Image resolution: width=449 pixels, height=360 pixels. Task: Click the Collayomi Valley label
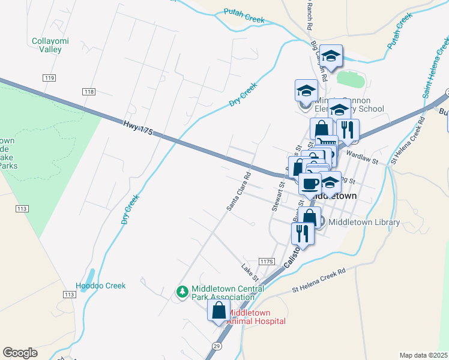pyautogui.click(x=47, y=46)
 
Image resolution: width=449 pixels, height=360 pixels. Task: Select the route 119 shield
pyautogui.click(x=50, y=78)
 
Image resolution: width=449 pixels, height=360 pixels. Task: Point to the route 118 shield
pyautogui.click(x=89, y=91)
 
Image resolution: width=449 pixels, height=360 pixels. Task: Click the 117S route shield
pyautogui.click(x=267, y=262)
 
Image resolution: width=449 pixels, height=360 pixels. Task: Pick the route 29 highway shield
pyautogui.click(x=217, y=346)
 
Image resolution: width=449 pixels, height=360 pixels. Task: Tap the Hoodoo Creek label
pyautogui.click(x=101, y=286)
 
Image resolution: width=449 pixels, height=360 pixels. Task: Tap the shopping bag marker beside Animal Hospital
pyautogui.click(x=218, y=310)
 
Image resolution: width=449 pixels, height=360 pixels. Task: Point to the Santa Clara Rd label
pyautogui.click(x=239, y=192)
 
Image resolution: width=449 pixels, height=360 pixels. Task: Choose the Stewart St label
pyautogui.click(x=282, y=196)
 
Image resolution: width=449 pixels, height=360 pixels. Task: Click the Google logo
pyautogui.click(x=20, y=353)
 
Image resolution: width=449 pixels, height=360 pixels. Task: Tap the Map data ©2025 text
pyautogui.click(x=423, y=355)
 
